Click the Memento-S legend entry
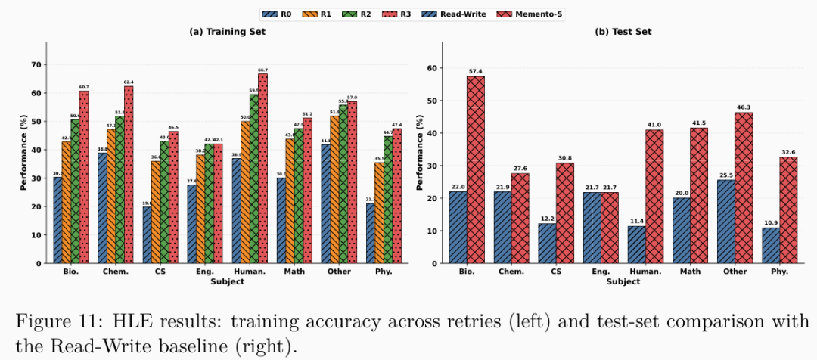tap(539, 14)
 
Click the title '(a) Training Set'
tap(227, 32)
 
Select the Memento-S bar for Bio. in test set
tap(475, 169)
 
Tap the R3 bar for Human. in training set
tap(262, 168)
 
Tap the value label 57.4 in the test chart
tap(475, 71)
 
